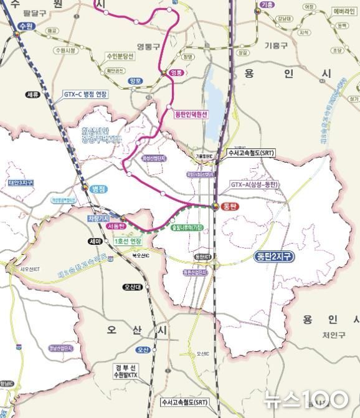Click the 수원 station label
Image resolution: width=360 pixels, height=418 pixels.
(x=25, y=26)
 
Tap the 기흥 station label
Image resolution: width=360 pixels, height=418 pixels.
(x=267, y=5)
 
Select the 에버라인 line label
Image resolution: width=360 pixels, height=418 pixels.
(x=344, y=11)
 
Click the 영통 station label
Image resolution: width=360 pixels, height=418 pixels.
(x=176, y=73)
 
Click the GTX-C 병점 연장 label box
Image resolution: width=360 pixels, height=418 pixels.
(x=85, y=95)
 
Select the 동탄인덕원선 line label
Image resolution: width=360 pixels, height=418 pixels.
(x=191, y=115)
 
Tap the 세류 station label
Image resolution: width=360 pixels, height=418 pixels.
(x=33, y=94)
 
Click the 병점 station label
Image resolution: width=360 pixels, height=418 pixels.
(x=99, y=188)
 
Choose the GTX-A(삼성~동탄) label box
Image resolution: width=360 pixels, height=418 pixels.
(x=254, y=184)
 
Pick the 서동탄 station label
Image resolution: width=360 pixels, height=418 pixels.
(x=116, y=227)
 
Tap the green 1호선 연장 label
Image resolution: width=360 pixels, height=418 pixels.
(x=128, y=241)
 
